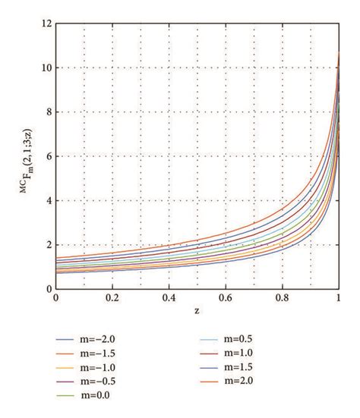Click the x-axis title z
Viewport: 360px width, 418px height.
tap(197, 311)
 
